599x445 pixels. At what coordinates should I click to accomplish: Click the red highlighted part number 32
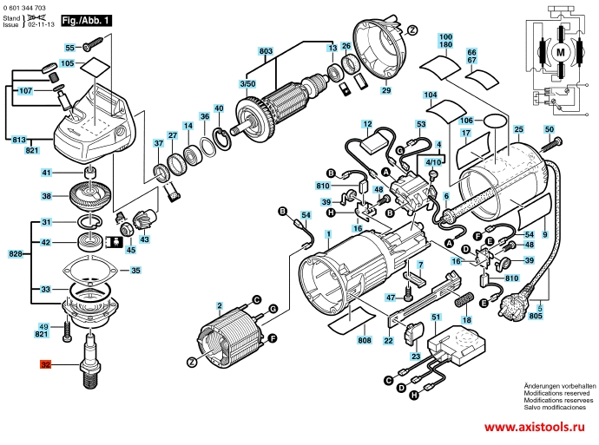[x=45, y=366]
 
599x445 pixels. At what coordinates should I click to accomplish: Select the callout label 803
[x=266, y=52]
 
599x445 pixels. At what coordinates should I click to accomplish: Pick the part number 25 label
[x=519, y=131]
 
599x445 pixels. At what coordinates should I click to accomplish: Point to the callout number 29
[x=385, y=90]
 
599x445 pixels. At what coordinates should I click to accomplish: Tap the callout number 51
[x=437, y=319]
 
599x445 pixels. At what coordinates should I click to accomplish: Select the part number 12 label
[x=366, y=125]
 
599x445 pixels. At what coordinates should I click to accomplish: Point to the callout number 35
[x=135, y=271]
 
